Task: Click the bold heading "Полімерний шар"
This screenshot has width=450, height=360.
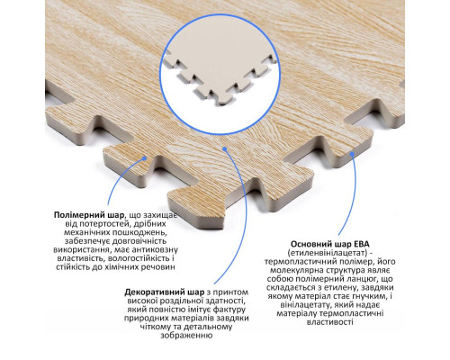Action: coord(89,215)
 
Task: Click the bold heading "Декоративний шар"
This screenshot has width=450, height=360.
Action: coord(164,292)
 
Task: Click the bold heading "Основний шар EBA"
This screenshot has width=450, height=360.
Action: coord(330,244)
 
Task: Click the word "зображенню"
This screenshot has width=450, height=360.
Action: coord(186,336)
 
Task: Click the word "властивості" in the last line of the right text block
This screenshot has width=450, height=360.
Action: coord(330,322)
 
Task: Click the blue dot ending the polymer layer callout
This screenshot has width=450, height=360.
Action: coord(144,157)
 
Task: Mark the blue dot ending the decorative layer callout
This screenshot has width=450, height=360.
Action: coord(224,148)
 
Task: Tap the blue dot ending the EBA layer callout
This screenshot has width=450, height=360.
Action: coord(352,154)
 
